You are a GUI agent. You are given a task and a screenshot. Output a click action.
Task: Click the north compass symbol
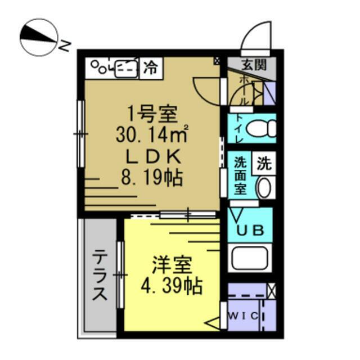[39, 38]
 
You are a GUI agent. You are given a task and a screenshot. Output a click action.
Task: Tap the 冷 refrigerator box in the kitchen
[151, 68]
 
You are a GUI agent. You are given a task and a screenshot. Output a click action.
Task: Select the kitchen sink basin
[126, 69]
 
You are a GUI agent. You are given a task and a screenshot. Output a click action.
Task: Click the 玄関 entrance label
[254, 65]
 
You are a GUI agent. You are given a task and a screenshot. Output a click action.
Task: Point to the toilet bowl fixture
[261, 128]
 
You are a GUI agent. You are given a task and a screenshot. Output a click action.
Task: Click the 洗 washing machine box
[264, 163]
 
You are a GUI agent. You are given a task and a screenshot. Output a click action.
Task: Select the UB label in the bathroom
[250, 230]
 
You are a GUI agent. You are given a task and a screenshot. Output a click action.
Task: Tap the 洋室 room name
[172, 265]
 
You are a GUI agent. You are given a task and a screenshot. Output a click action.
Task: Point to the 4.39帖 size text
[172, 286]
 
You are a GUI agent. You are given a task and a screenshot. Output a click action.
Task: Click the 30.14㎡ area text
[152, 134]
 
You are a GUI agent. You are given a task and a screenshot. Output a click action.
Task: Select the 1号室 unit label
[152, 114]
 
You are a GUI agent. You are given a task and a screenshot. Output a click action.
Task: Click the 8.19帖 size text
[152, 177]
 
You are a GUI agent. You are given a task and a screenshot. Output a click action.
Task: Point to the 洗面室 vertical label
[240, 175]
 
